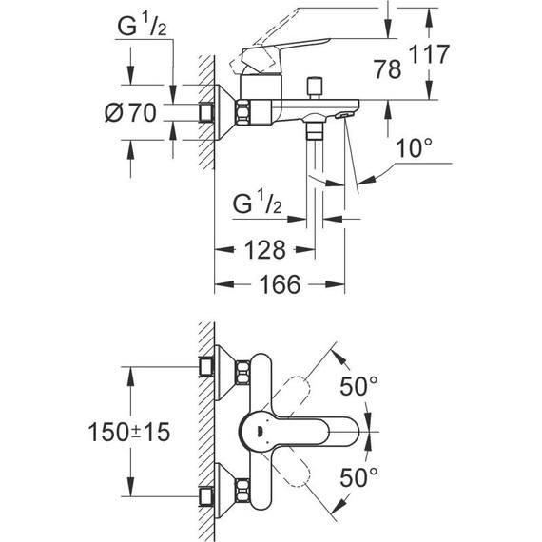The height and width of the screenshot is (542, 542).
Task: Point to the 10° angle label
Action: click(415, 149)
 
